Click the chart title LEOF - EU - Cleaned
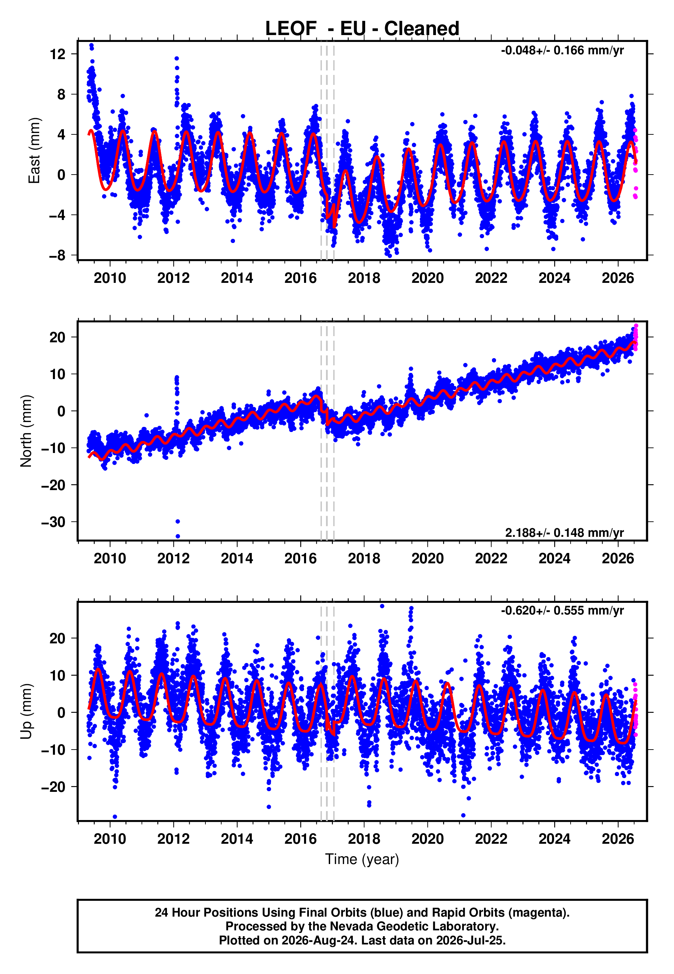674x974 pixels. tap(362, 29)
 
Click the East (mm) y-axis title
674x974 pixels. tap(34, 151)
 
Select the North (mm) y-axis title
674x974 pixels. tap(26, 431)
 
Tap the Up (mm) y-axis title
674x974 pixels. tap(26, 711)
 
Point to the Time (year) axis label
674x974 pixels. tap(362, 859)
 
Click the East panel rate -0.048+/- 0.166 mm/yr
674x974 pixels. tap(562, 51)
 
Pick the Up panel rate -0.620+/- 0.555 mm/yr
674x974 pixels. tap(562, 610)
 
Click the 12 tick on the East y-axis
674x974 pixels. tap(57, 54)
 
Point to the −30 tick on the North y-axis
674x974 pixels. tap(53, 522)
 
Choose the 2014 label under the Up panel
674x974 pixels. tap(237, 839)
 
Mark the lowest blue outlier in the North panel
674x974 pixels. tap(178, 536)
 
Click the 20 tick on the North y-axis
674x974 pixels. tap(57, 337)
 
